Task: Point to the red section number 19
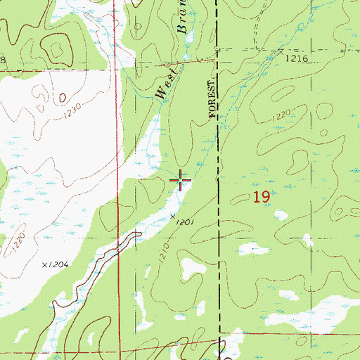[262, 198]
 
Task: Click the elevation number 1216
[297, 60]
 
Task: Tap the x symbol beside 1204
[44, 265]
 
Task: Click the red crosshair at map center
[181, 181]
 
